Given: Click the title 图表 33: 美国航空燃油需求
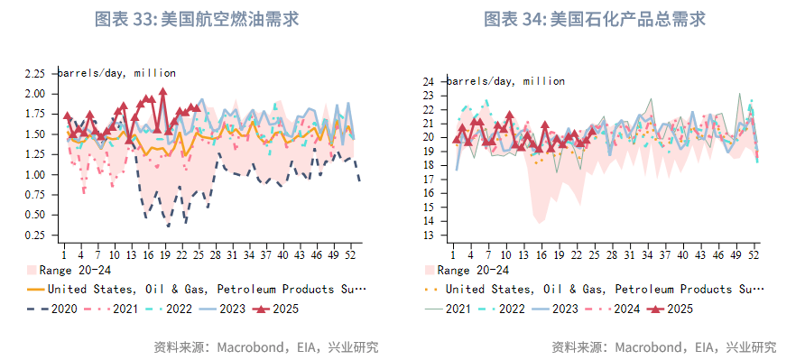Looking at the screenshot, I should (x=197, y=19).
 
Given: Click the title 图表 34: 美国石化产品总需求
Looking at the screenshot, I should (x=594, y=19).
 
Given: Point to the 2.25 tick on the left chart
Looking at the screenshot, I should (x=34, y=73).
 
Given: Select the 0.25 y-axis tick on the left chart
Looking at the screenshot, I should (x=34, y=235).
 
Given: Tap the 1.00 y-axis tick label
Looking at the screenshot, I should (x=34, y=175).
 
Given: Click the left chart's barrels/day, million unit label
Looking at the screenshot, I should (x=117, y=73).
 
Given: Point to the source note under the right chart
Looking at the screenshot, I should (x=663, y=346).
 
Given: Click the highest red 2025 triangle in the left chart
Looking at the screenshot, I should (x=163, y=91).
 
